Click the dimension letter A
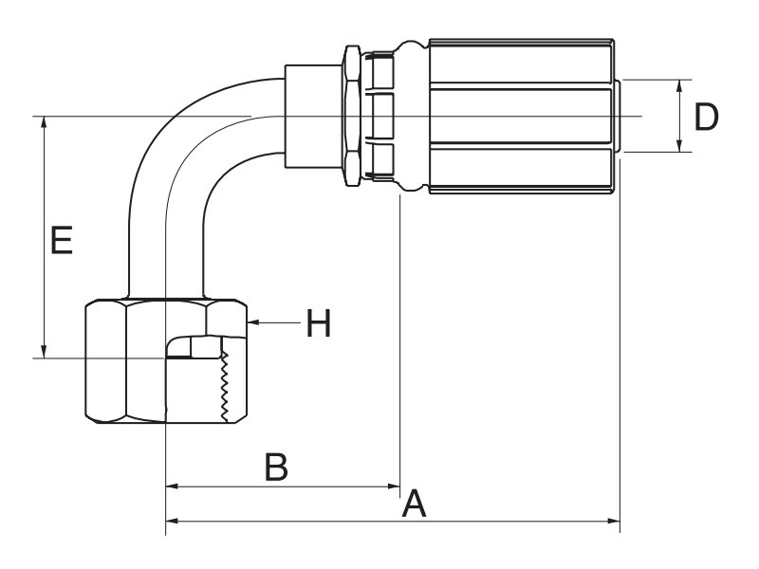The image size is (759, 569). (415, 504)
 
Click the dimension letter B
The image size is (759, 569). (276, 467)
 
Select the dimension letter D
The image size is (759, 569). (706, 117)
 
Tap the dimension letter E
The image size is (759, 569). (62, 240)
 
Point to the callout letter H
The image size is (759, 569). (319, 323)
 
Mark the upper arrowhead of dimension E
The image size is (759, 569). (44, 122)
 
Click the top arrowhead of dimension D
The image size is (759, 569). (679, 86)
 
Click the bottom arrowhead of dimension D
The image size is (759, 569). (679, 146)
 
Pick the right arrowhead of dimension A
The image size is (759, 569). (614, 521)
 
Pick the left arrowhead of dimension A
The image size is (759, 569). (173, 521)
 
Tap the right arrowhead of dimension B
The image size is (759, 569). (394, 486)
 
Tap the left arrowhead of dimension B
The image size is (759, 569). (173, 486)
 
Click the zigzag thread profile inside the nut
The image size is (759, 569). (224, 386)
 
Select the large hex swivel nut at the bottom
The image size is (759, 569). (166, 361)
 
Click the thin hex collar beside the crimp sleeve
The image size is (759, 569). (352, 116)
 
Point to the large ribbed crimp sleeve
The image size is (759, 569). (522, 116)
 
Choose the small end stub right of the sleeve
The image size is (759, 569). (618, 116)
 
